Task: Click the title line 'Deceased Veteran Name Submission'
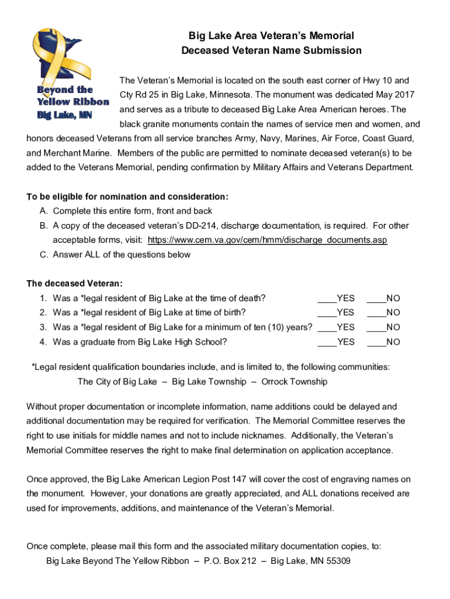(x=271, y=50)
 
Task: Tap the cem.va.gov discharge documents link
(x=267, y=240)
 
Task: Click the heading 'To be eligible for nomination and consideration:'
(x=127, y=197)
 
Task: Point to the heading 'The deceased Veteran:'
(x=75, y=284)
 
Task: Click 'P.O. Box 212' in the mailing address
(x=230, y=562)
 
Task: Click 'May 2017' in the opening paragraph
(x=396, y=95)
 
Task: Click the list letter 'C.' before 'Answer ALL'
(x=44, y=254)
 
